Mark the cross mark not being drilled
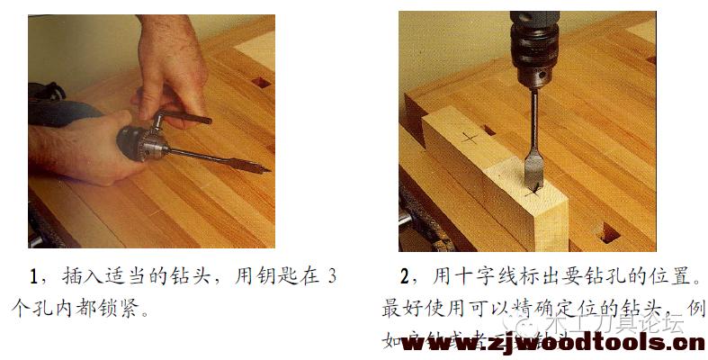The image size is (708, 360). coord(468,137)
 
